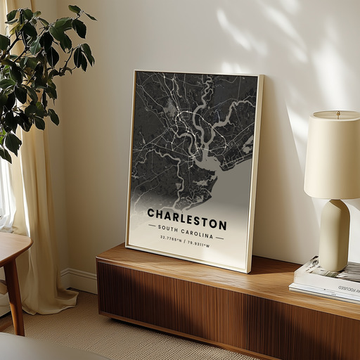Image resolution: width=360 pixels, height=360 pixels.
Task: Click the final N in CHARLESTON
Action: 223,226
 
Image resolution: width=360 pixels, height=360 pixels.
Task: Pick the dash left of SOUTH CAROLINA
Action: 152,226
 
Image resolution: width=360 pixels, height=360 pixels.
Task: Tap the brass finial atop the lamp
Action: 337,112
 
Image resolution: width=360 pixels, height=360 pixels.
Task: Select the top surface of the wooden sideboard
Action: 211,271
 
